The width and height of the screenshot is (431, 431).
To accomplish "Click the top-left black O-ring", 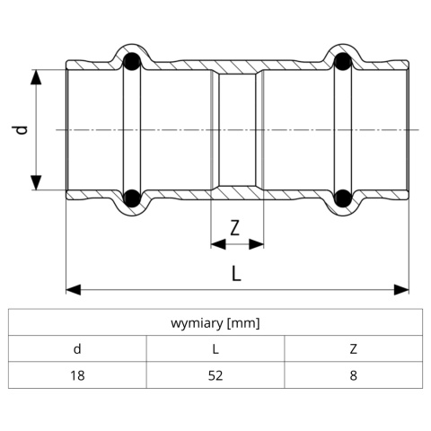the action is coord(132,62).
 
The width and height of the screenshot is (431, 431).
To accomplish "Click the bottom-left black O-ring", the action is coord(132,198).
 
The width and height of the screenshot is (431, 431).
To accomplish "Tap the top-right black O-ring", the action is coord(343,62).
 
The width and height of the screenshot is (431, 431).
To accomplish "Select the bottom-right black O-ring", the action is coord(343,198).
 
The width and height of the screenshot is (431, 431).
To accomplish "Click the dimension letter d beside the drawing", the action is coord(20,129).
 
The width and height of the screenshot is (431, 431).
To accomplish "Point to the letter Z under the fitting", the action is coord(235,227).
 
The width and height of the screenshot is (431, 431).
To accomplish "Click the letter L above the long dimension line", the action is coord(236,273).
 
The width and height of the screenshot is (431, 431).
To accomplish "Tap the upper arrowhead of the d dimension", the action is coord(36,77).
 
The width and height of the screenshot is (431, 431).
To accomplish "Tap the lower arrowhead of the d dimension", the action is coord(36,182).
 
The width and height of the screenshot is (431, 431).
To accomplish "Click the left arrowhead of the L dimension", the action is coord(74,290).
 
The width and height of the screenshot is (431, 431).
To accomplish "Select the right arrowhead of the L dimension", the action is coord(401,290).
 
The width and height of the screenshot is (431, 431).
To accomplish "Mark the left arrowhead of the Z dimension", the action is coord(218,244).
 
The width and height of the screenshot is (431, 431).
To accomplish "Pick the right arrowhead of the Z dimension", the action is coord(256,244).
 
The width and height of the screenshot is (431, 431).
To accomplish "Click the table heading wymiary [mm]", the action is coord(215,323).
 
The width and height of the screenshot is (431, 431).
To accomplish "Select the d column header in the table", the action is coord(77,348).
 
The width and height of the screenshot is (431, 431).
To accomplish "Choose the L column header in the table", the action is coord(215,349).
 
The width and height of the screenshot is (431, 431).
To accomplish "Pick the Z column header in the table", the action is coord(354,349).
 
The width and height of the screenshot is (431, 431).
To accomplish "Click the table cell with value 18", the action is coord(77,375).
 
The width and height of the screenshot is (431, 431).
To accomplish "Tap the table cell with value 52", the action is coord(215,375).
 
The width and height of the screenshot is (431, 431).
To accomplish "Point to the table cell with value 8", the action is coord(354,375).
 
